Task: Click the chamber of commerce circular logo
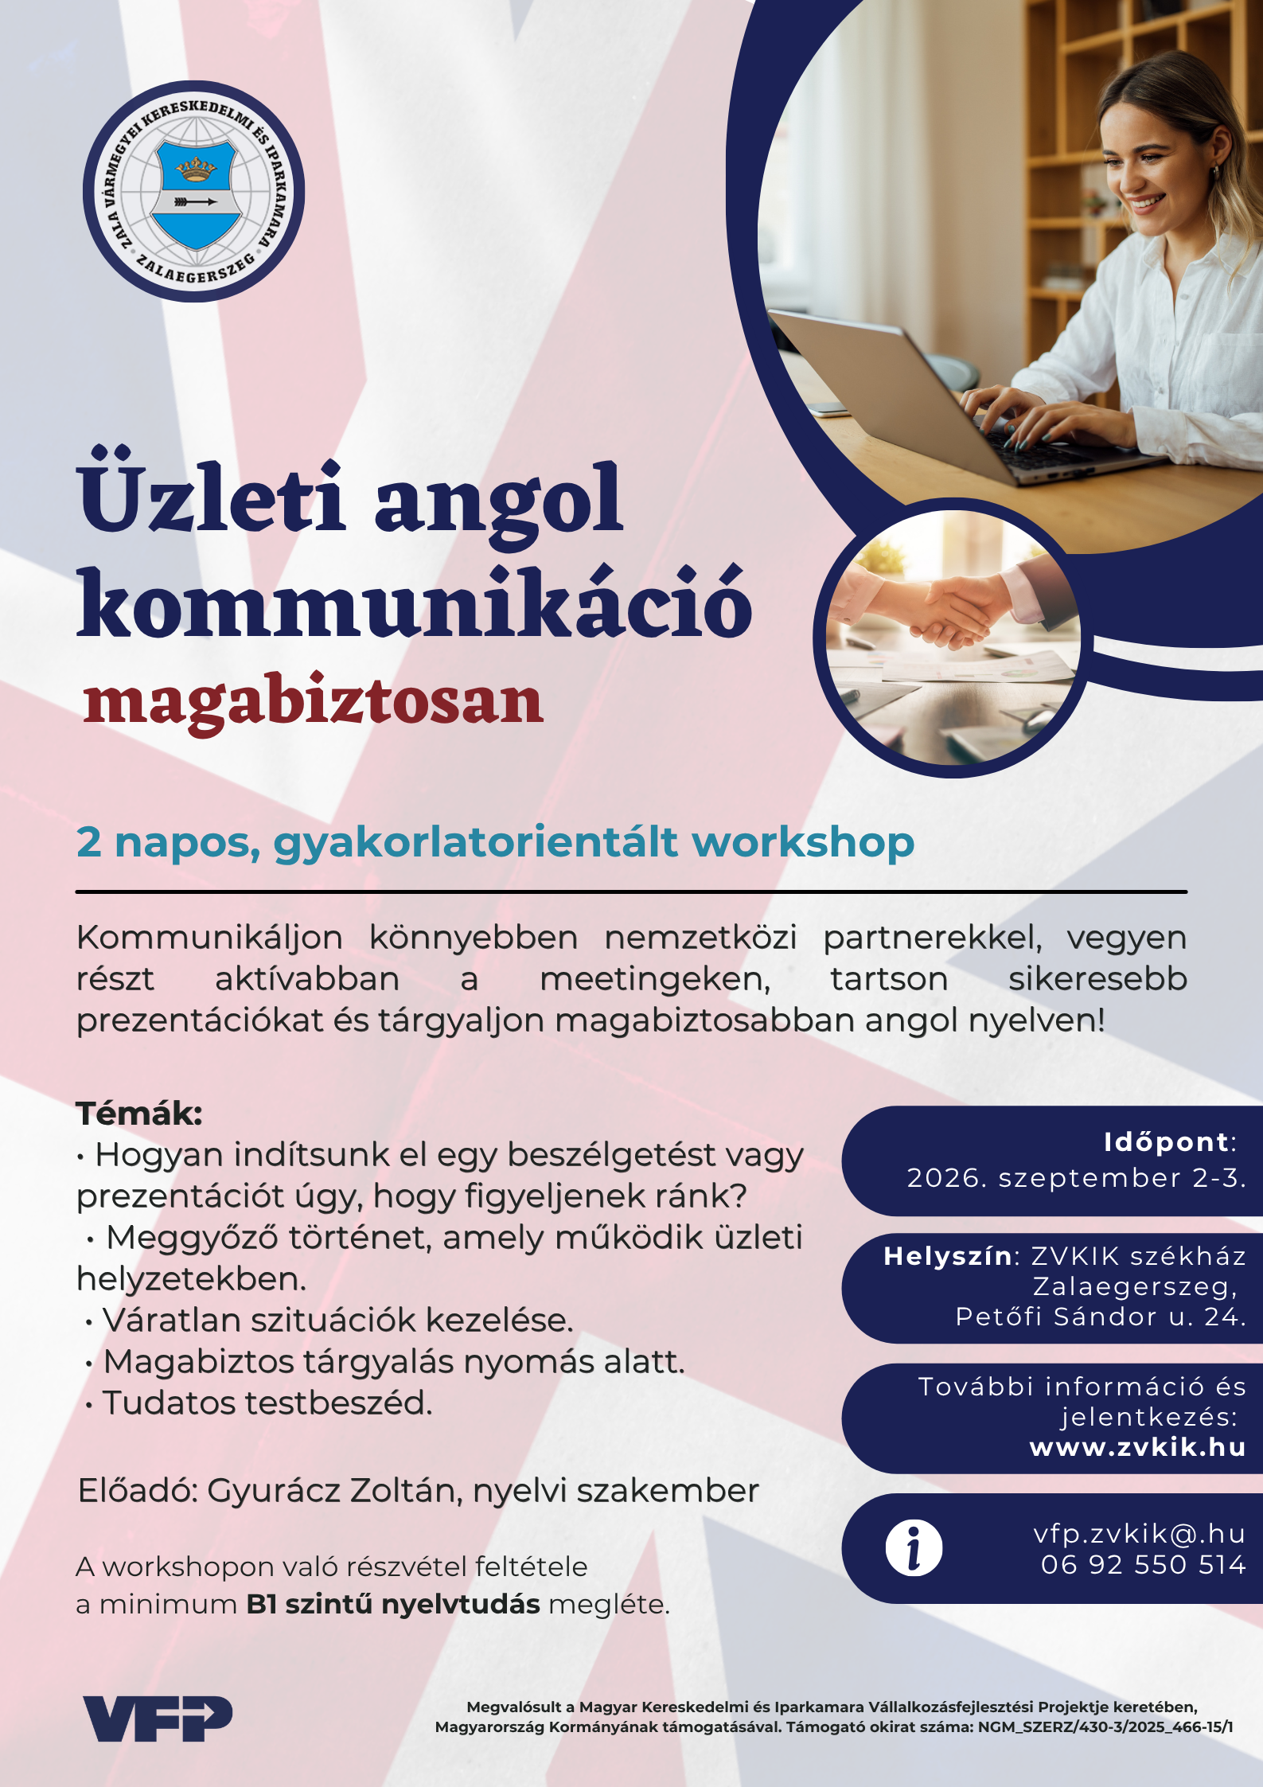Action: tap(193, 191)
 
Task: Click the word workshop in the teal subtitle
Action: tap(803, 842)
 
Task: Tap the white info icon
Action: tap(914, 1548)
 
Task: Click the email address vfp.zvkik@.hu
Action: tap(1139, 1533)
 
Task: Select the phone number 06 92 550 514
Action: tap(1143, 1565)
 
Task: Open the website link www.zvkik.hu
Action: tap(1137, 1446)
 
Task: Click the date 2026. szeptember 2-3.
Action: tap(1076, 1177)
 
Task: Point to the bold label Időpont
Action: tap(1166, 1142)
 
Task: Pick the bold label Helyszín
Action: tap(947, 1256)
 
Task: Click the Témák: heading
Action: tap(139, 1113)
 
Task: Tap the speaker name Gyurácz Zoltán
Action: tap(335, 1490)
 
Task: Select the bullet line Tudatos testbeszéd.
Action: tap(259, 1403)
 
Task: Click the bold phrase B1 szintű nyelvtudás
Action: tap(393, 1603)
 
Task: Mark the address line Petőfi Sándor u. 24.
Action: tap(1101, 1317)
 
